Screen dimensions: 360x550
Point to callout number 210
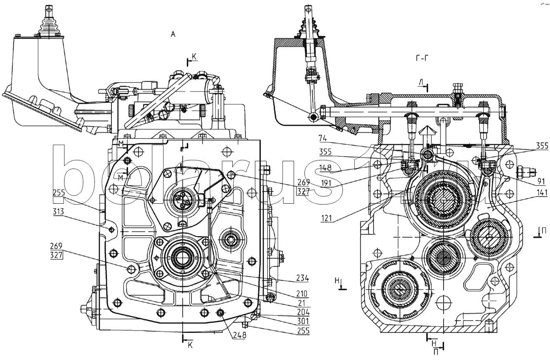click(301, 294)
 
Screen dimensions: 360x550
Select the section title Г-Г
click(422, 58)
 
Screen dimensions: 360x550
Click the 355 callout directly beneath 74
click(325, 152)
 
